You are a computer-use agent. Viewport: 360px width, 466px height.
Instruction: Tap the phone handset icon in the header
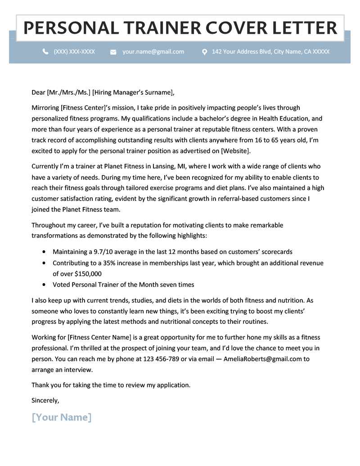point(45,52)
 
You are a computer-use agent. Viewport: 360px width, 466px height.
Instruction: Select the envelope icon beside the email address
point(113,52)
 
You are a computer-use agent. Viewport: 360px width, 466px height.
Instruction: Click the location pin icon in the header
point(204,52)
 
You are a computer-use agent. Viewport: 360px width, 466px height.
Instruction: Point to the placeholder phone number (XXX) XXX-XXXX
point(74,52)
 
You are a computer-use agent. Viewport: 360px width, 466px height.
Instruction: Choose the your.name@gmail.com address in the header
point(153,52)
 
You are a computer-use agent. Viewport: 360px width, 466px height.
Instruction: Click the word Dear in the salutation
point(38,93)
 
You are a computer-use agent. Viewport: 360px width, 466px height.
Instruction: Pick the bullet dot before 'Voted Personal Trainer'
point(44,285)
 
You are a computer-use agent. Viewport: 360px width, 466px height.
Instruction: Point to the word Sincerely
point(45,400)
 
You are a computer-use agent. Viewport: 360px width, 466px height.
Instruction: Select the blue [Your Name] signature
point(62,417)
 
